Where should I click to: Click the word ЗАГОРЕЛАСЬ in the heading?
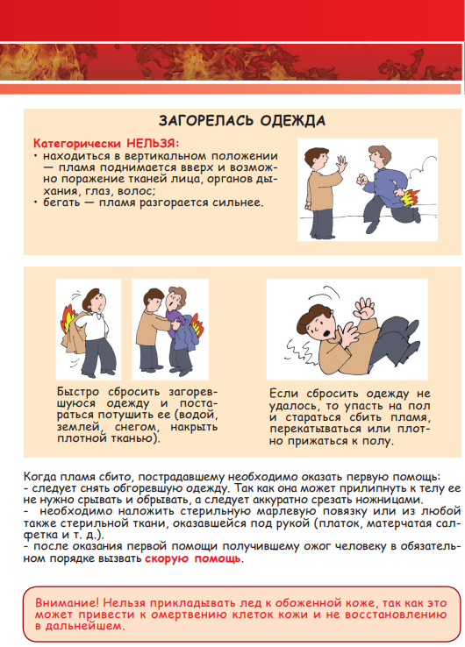[x=205, y=120]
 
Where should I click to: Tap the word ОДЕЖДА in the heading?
[x=293, y=120]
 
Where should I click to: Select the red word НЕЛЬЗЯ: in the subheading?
[x=153, y=143]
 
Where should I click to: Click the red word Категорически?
[x=77, y=144]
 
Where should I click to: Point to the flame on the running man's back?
[x=410, y=197]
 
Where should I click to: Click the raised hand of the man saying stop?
[x=341, y=165]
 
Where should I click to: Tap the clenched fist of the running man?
[x=361, y=180]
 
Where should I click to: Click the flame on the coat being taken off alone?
[x=68, y=318]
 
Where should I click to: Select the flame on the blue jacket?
[x=197, y=324]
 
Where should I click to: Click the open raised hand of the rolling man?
[x=365, y=308]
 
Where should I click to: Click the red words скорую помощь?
[x=193, y=558]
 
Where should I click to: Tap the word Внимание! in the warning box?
[x=66, y=602]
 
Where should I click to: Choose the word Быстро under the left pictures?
[x=78, y=392]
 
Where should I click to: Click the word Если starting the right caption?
[x=283, y=394]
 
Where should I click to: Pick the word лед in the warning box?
[x=254, y=603]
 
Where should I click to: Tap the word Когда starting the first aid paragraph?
[x=40, y=477]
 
